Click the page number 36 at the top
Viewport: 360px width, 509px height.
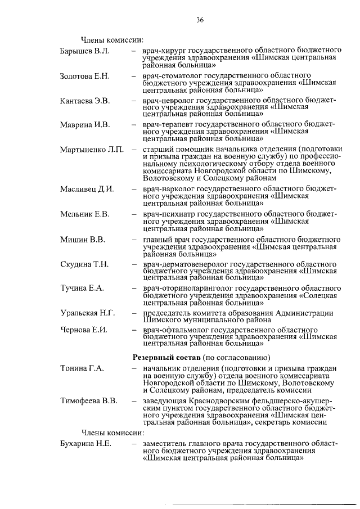point(199,20)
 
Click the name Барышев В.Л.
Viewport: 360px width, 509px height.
point(84,51)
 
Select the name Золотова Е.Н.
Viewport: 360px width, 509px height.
point(85,76)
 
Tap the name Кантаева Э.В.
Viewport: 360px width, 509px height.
point(85,101)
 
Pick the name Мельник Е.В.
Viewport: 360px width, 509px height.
point(84,214)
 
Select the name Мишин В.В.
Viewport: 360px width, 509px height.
point(82,239)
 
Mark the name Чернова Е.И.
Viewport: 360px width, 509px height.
point(84,329)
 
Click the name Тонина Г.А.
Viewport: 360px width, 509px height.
point(82,368)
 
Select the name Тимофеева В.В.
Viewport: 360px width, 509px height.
point(89,401)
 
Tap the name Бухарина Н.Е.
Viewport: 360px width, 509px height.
point(85,444)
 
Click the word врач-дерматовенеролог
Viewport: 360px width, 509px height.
point(187,264)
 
